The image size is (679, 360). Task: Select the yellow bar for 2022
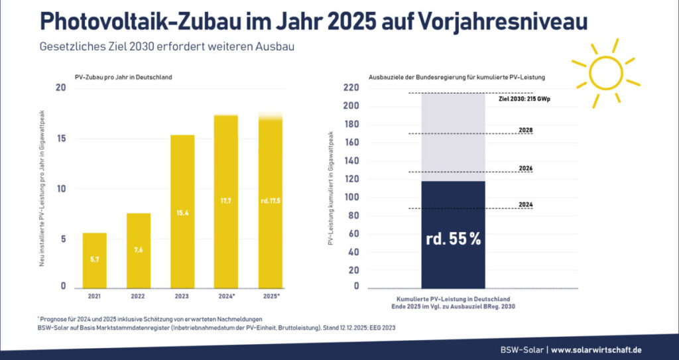[x=138, y=251]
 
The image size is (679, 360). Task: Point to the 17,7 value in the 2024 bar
[x=226, y=200]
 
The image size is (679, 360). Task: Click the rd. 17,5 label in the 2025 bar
[x=271, y=200]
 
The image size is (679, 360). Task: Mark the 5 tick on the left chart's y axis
[x=64, y=239]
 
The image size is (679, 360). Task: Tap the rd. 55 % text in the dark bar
[x=453, y=239]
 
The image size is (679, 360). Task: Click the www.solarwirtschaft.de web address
[x=596, y=349]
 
